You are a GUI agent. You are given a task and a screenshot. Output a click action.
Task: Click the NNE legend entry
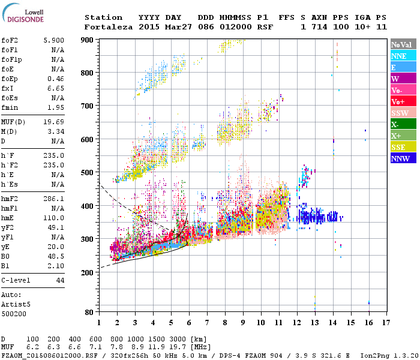pyautogui.click(x=403, y=56)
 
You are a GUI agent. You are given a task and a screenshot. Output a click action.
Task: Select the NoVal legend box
pyautogui.click(x=403, y=44)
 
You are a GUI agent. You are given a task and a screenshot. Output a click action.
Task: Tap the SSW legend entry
pyautogui.click(x=403, y=113)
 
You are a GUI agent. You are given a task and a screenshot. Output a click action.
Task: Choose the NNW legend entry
pyautogui.click(x=403, y=158)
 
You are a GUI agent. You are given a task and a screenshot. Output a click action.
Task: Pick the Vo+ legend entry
pyautogui.click(x=403, y=101)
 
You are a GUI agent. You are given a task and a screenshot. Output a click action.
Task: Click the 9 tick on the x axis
pyautogui.click(x=242, y=322)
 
